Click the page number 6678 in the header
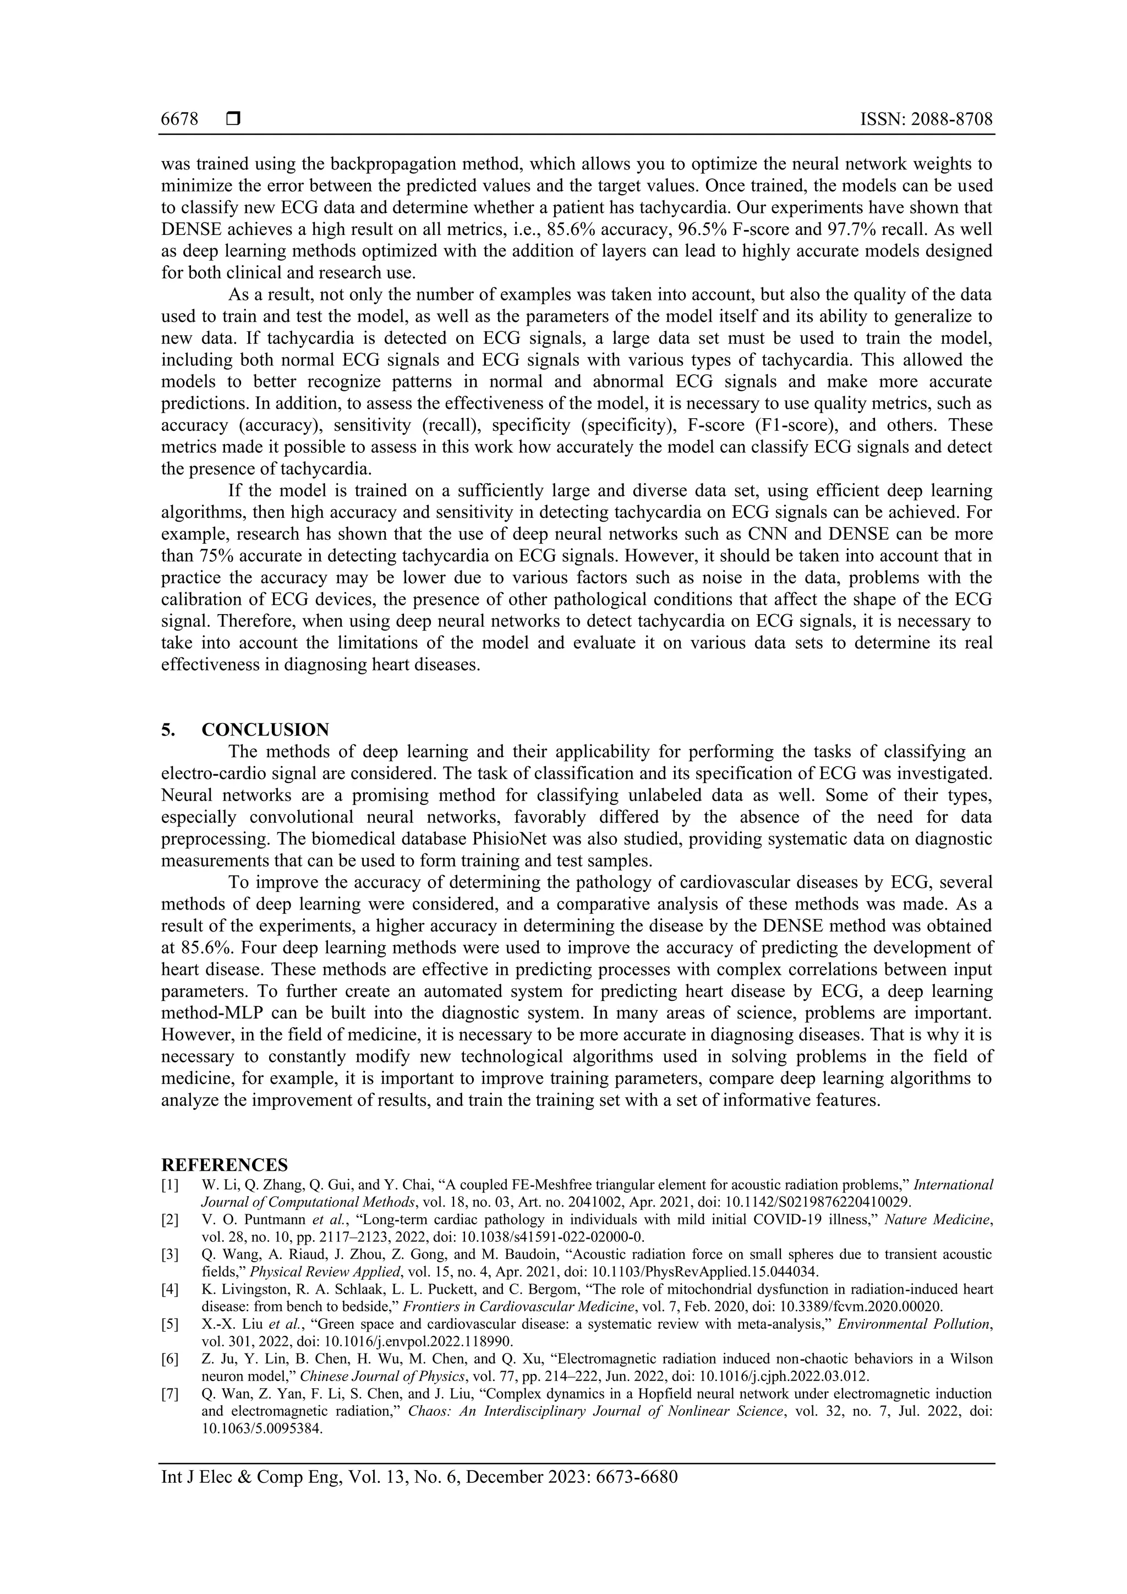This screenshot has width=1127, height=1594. click(x=179, y=119)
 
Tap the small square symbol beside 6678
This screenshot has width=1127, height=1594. click(x=233, y=119)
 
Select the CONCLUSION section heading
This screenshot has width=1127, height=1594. click(x=265, y=730)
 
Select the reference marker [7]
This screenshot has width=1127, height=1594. click(x=169, y=1393)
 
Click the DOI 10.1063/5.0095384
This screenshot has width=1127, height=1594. click(x=262, y=1428)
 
